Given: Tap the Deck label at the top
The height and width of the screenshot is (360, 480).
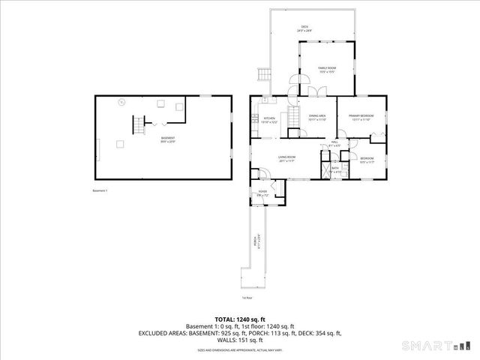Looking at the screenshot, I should point(304,28).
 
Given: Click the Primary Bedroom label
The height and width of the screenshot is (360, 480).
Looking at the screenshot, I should point(361,116).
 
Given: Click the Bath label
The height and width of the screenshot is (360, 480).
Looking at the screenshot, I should point(337,169).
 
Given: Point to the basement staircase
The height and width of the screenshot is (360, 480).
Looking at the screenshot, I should point(137,124).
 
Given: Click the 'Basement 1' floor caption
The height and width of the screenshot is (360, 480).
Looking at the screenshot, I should point(100,190).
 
